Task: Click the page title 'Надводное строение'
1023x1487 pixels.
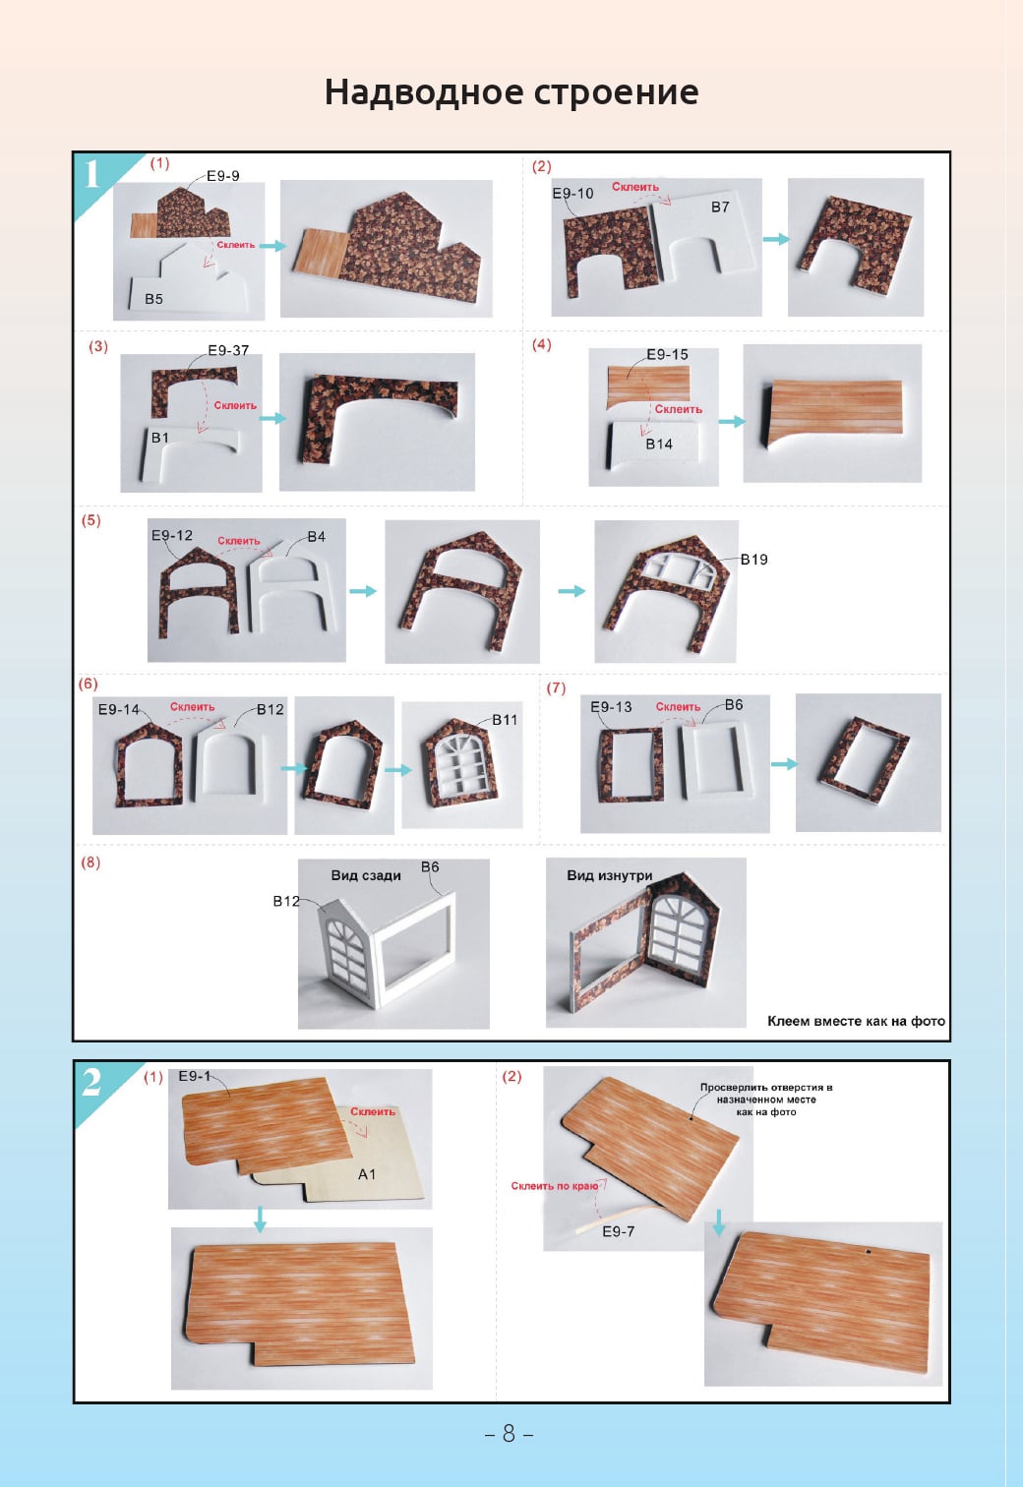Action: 511,91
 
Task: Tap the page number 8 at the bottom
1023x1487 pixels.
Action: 509,1433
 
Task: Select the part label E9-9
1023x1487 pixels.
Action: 223,176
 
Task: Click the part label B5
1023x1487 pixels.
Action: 154,299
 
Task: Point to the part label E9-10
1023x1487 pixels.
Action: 572,193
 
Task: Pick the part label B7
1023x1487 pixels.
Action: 720,208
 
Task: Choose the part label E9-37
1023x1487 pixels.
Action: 228,350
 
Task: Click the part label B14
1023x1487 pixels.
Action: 659,444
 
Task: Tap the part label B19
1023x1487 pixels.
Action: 754,560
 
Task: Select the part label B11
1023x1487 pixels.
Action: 505,720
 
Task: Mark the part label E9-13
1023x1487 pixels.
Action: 612,707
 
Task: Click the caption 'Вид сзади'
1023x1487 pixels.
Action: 366,875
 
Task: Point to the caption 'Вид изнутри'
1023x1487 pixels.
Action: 610,875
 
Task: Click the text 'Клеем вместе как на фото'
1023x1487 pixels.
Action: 857,1021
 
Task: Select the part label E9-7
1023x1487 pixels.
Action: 618,1231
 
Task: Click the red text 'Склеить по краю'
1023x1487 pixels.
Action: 555,1186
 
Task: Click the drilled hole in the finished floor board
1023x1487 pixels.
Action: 869,1252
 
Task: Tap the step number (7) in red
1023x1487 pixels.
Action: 557,687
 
